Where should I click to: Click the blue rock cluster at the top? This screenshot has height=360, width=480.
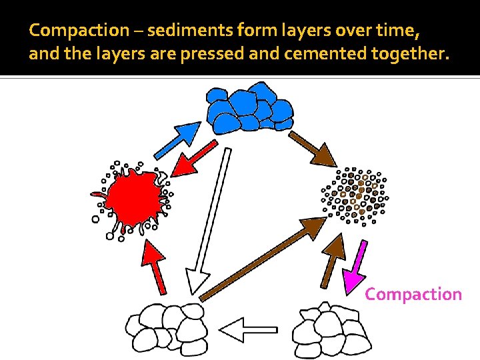tap(249, 107)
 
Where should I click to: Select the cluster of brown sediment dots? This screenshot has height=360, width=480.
tap(354, 196)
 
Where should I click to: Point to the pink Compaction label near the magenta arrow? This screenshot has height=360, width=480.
tap(413, 294)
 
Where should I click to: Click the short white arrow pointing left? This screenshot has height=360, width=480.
tap(247, 329)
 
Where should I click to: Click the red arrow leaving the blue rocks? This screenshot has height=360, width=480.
tap(194, 157)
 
